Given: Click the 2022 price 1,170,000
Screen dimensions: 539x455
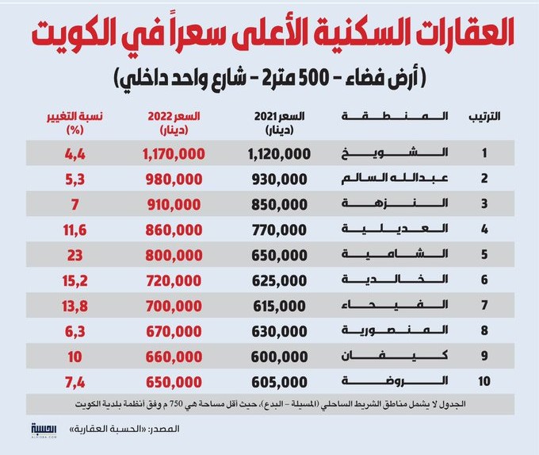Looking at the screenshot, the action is point(174,154).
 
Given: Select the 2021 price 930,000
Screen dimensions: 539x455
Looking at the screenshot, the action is point(280,179).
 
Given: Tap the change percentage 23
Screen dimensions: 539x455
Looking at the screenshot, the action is point(75,256).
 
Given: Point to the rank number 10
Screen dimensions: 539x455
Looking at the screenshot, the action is point(484,381).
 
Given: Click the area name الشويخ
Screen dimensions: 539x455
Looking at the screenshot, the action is point(395,153).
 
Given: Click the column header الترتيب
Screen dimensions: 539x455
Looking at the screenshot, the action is point(484,117).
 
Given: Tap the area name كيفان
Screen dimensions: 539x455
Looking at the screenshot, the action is point(395,356).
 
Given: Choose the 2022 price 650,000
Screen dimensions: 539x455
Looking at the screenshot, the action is point(174,382).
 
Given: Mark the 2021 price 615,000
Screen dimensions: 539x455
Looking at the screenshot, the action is point(280,307).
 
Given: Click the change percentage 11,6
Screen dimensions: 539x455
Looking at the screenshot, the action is point(75,230).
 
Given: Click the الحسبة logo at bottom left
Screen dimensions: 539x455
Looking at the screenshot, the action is point(44,430).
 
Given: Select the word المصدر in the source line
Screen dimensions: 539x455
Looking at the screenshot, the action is point(166,429).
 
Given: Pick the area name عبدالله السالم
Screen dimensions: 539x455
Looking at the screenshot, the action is point(395,179).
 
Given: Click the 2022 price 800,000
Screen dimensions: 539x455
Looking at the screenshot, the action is point(174,256).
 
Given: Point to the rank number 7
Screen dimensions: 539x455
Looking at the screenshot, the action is point(484,305).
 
